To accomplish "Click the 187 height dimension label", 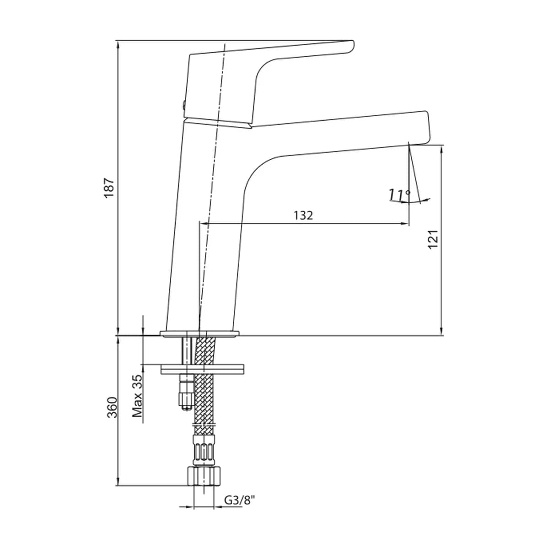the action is (109, 188).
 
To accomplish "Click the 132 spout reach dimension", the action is (303, 215).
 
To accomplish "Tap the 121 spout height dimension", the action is (433, 239).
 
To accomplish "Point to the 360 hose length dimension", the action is (112, 408).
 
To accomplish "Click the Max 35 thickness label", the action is (137, 396).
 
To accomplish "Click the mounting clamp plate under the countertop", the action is (203, 369).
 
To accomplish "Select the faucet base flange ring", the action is (199, 334).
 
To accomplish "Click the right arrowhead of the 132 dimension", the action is (406, 224).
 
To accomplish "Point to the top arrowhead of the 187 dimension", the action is (118, 46).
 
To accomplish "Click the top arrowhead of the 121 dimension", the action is (441, 151).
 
